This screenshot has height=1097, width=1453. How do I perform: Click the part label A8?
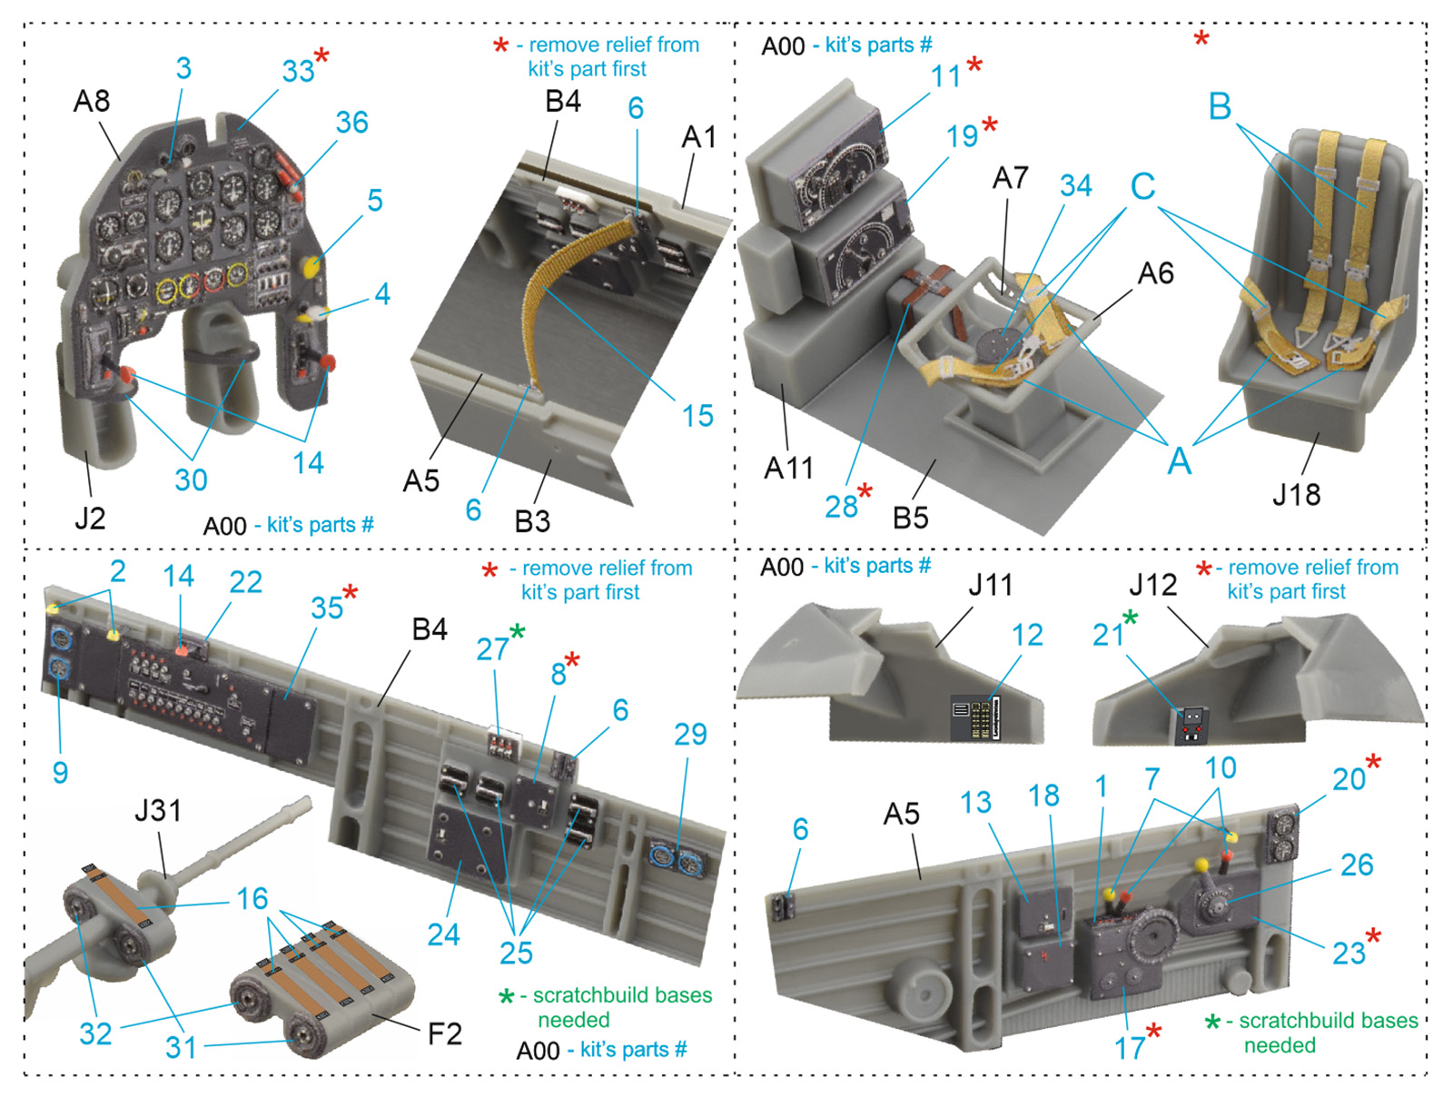(92, 101)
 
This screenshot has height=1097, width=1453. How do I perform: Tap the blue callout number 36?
(351, 123)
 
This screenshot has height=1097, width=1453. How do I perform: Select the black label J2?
(90, 518)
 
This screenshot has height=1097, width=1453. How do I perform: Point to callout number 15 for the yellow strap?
(697, 416)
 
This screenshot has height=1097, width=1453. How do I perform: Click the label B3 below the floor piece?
(532, 521)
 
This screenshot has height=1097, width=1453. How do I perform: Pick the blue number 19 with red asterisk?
(962, 136)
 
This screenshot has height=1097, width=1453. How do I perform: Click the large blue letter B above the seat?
(1220, 106)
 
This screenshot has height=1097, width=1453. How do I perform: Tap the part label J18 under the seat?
(1296, 494)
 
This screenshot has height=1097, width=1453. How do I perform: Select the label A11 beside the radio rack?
(788, 469)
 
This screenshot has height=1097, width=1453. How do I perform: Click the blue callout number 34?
(1076, 186)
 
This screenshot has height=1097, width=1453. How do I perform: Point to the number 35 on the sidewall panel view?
(327, 608)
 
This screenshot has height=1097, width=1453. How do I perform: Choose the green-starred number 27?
(492, 649)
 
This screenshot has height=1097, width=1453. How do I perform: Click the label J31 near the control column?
(157, 811)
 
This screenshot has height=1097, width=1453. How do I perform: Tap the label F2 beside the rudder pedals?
(444, 1034)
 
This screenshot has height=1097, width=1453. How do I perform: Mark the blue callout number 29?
(690, 735)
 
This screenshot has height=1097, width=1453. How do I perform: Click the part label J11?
(990, 585)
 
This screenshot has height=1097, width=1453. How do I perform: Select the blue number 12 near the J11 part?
(1027, 635)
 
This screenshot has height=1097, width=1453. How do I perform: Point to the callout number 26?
(1357, 865)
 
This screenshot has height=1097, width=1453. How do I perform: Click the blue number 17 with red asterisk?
(1130, 1048)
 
